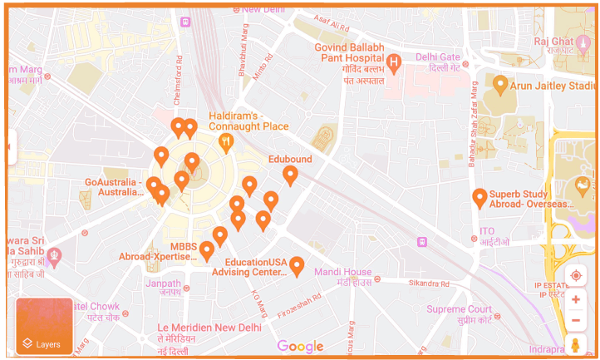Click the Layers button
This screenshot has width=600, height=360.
click(x=44, y=326)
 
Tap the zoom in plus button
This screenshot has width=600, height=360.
click(x=575, y=299)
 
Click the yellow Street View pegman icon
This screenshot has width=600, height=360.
click(x=575, y=344)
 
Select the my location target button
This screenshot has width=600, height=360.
click(x=575, y=276)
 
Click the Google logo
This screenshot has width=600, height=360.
click(x=300, y=347)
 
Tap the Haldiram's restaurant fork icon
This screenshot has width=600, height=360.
click(x=225, y=144)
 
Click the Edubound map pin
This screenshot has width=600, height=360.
click(x=290, y=175)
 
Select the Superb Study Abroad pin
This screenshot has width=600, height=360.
click(x=480, y=197)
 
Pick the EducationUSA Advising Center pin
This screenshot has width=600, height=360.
click(x=297, y=266)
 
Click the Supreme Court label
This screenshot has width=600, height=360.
click(x=459, y=309)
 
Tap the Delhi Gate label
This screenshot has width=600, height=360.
click(x=437, y=57)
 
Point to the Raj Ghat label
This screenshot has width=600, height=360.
click(x=553, y=42)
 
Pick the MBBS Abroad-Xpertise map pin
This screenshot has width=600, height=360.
click(x=207, y=249)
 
